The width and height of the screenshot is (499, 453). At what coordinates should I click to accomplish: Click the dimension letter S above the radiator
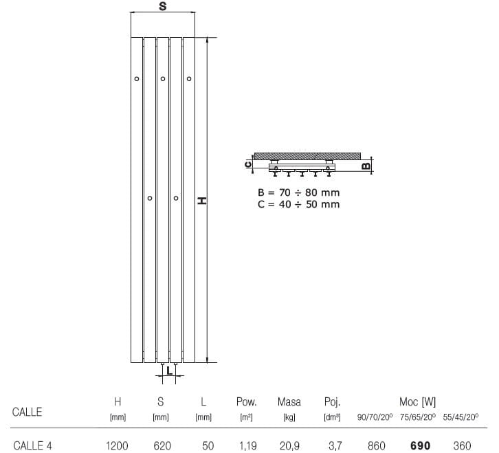(163, 6)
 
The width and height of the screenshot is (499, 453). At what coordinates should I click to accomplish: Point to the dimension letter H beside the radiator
(202, 201)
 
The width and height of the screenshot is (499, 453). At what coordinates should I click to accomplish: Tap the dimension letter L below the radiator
(169, 371)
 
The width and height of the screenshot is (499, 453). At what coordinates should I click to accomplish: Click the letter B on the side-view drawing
(366, 166)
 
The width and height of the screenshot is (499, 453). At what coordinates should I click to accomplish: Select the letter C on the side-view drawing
(248, 164)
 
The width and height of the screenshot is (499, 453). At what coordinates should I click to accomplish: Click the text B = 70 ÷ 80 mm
(298, 192)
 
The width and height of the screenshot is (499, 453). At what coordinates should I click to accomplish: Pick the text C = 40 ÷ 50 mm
(298, 204)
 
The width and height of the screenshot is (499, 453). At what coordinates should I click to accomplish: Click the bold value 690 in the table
(420, 445)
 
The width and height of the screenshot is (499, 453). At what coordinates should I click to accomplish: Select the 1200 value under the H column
(117, 445)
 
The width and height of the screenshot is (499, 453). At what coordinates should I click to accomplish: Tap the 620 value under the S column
(162, 445)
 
